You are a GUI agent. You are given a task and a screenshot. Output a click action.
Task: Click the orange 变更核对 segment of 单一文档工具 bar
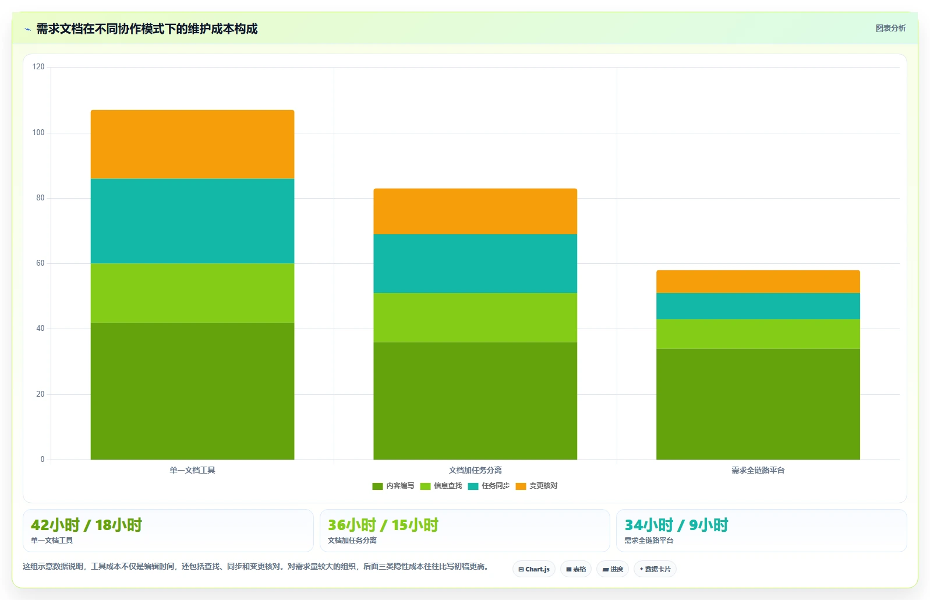(192, 144)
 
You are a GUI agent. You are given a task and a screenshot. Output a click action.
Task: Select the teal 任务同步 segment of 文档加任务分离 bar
(475, 263)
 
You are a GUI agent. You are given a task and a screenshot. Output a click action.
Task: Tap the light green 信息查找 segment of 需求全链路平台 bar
(758, 334)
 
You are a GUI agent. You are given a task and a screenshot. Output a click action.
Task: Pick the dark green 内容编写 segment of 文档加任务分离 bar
(475, 401)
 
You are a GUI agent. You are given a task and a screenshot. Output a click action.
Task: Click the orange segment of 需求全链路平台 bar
(758, 281)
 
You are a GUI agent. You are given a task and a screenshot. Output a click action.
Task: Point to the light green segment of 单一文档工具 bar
(192, 293)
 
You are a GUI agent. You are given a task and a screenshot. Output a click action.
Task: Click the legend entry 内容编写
(393, 486)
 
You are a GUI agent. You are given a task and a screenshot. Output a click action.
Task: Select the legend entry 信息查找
(441, 486)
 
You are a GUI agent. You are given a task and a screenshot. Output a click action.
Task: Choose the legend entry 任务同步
(489, 486)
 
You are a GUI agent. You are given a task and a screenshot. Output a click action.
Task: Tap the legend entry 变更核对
(536, 486)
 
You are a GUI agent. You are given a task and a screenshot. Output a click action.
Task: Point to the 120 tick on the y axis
(38, 67)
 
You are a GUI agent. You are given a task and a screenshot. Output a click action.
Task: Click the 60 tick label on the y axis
(40, 263)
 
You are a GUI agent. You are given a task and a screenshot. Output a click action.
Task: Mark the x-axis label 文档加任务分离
(475, 470)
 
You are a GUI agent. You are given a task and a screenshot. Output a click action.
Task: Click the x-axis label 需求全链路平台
(758, 470)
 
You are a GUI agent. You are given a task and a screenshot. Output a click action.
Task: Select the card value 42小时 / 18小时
(86, 525)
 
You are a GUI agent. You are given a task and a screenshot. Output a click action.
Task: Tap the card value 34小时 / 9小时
(676, 525)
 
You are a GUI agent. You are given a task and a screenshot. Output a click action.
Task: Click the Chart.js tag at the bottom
(534, 569)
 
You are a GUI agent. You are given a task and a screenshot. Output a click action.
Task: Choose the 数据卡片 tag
(655, 569)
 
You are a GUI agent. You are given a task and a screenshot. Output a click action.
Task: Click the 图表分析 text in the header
(890, 28)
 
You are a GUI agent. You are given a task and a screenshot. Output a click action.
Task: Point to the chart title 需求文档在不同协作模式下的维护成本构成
(147, 29)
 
